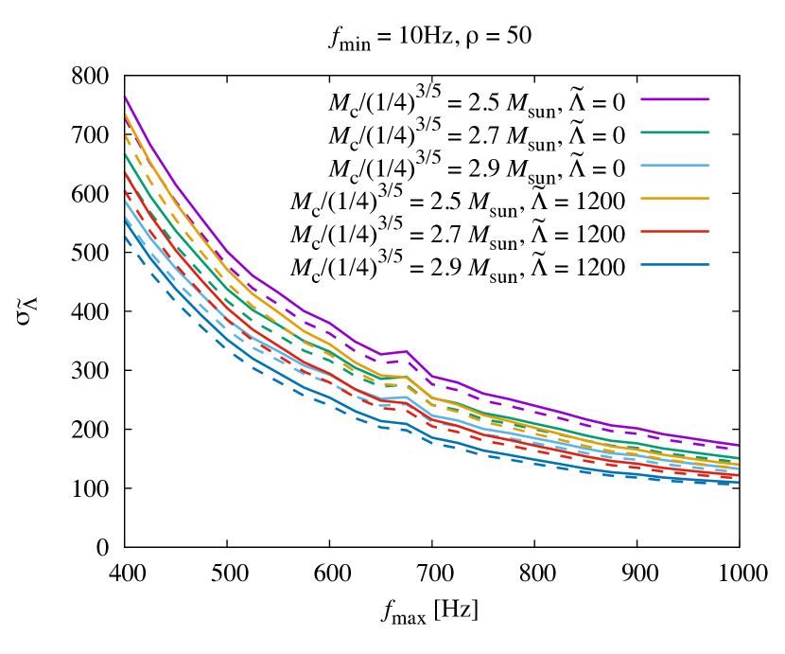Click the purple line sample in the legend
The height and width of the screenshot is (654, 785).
[x=674, y=99]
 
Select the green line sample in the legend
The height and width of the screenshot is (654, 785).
[x=674, y=133]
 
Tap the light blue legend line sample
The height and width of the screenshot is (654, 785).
[x=674, y=166]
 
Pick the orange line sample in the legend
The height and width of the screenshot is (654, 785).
[x=674, y=198]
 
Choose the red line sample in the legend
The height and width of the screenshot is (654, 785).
[x=674, y=231]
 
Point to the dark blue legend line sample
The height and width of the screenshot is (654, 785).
[x=674, y=264]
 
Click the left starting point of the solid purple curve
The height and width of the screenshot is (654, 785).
[x=125, y=97]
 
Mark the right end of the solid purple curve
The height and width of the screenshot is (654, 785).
[x=738, y=445]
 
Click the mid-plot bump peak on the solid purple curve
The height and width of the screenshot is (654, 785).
[x=406, y=351]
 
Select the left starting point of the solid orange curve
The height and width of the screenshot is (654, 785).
[x=125, y=115]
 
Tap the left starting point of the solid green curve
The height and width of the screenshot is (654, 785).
[x=125, y=154]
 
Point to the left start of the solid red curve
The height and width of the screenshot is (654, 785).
[x=125, y=173]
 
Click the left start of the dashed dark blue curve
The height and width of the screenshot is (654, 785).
[x=125, y=237]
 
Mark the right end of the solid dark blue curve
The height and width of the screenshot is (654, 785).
[x=738, y=483]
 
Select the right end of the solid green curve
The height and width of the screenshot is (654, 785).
[x=738, y=458]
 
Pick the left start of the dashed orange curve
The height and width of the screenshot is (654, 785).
[x=125, y=134]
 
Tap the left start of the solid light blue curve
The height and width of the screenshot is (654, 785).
[x=125, y=201]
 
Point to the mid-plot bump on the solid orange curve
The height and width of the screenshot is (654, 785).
[x=406, y=377]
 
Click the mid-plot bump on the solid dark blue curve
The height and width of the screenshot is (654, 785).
[x=406, y=423]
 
